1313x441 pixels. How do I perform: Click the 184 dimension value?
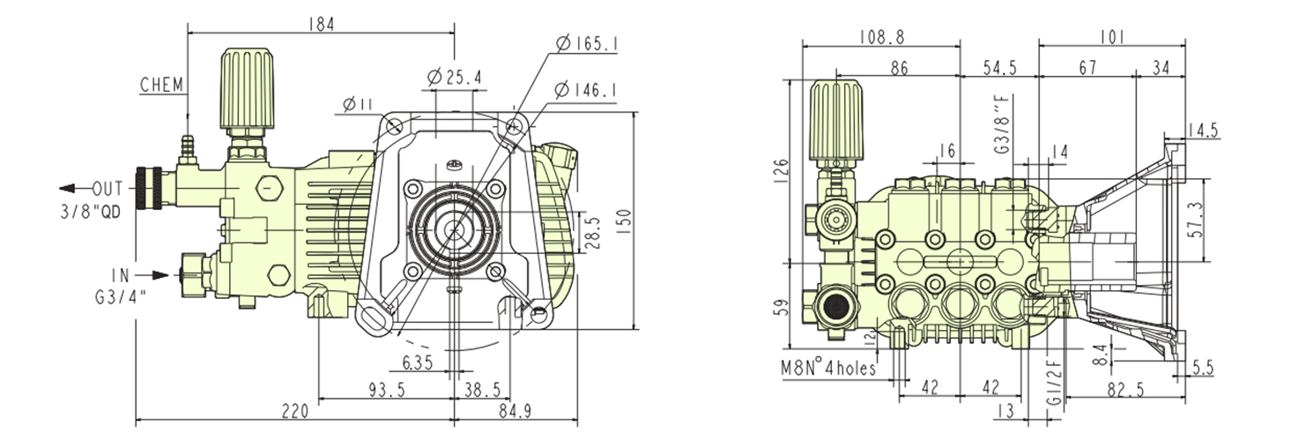pyautogui.click(x=321, y=24)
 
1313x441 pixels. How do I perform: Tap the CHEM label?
pyautogui.click(x=161, y=85)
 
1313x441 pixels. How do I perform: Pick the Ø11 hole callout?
pyautogui.click(x=355, y=105)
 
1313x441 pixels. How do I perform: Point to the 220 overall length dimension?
pyautogui.click(x=294, y=410)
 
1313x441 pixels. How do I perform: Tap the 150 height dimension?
pyautogui.click(x=623, y=222)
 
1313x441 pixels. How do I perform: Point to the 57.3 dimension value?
pyautogui.click(x=1220, y=217)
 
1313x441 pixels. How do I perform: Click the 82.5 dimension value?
pyautogui.click(x=1128, y=388)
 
